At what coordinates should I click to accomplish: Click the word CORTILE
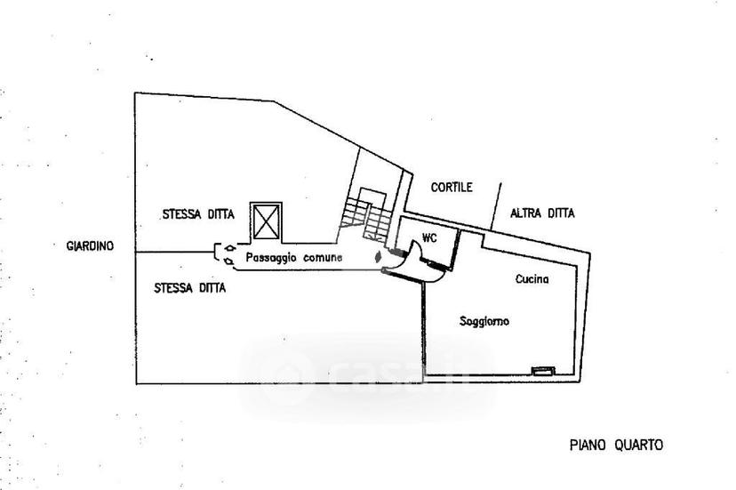pyautogui.click(x=452, y=188)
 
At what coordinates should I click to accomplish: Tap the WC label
pyautogui.click(x=429, y=238)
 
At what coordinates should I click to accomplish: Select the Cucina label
pyautogui.click(x=532, y=279)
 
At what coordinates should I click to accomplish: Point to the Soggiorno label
pyautogui.click(x=484, y=321)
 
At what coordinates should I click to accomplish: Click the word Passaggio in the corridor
pyautogui.click(x=271, y=258)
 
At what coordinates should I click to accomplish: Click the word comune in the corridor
pyautogui.click(x=323, y=257)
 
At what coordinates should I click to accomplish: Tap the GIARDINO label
pyautogui.click(x=90, y=245)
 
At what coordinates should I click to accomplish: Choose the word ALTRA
pyautogui.click(x=525, y=213)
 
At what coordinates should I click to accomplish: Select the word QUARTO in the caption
pyautogui.click(x=640, y=445)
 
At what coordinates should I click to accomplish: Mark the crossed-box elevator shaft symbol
pyautogui.click(x=266, y=221)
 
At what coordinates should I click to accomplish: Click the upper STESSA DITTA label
pyautogui.click(x=198, y=214)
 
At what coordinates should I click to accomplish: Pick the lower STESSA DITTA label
pyautogui.click(x=190, y=287)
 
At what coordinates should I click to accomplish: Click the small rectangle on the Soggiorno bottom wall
pyautogui.click(x=543, y=371)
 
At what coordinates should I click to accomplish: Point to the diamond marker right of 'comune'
pyautogui.click(x=377, y=257)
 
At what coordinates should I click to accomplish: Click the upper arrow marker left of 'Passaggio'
pyautogui.click(x=229, y=247)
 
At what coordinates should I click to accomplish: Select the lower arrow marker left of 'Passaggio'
pyautogui.click(x=229, y=261)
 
